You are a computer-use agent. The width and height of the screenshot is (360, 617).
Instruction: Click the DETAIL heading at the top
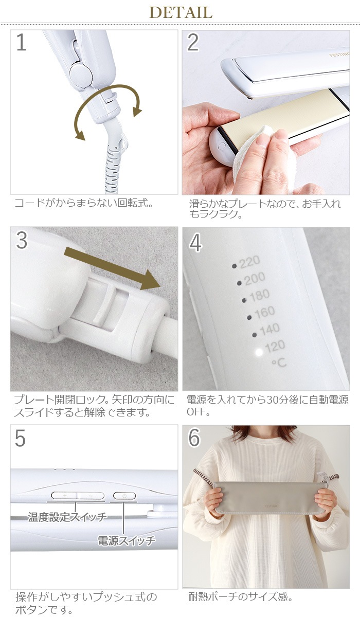coord(181,12)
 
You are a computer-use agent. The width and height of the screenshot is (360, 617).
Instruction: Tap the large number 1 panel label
coord(21,42)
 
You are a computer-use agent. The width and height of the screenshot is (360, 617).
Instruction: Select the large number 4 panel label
coord(195,243)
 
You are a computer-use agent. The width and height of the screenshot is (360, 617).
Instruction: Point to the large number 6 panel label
coord(194,438)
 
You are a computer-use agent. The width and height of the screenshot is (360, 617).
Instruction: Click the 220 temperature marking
coord(249,262)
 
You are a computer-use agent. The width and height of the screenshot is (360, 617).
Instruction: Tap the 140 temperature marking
coord(269,329)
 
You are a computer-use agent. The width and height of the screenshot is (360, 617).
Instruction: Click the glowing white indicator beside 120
coord(259,352)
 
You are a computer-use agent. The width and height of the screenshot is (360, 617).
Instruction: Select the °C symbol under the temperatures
coord(279,363)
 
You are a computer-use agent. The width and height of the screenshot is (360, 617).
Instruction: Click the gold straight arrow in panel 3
coord(112,268)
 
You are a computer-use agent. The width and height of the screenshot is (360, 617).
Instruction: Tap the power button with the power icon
coord(124,496)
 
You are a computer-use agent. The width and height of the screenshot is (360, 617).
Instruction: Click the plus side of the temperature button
coord(64,496)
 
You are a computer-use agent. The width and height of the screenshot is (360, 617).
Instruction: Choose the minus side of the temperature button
coord(91,496)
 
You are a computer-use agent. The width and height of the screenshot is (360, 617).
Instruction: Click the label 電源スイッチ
coord(127,541)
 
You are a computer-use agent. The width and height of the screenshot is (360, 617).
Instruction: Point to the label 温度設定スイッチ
coord(67,517)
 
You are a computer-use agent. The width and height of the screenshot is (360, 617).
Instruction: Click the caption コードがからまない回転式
coord(83,203)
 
